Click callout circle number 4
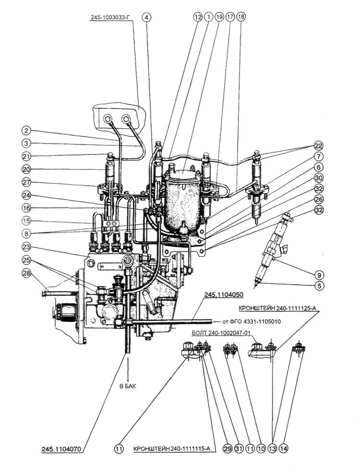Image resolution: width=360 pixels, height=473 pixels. tap(146, 17)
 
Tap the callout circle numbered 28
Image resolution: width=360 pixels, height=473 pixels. tap(26, 273)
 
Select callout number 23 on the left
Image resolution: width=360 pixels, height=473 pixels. tap(26, 246)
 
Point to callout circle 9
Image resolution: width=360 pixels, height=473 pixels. tap(319, 275)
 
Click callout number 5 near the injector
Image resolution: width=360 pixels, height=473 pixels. tap(319, 285)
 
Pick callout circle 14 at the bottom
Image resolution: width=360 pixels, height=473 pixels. tap(283, 449)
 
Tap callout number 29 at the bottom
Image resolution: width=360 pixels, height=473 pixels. tap(228, 449)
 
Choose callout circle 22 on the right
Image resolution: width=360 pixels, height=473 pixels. tap(319, 146)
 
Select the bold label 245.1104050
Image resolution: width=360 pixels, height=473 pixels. tap(224, 295)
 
